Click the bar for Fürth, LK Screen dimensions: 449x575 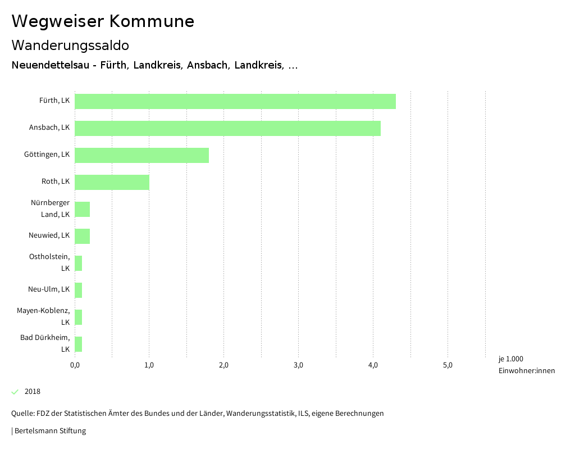tap(235, 101)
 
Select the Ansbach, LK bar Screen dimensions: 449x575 tap(227, 128)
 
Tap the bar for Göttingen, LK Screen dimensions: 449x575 tap(142, 155)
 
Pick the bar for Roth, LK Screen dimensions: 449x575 tap(112, 182)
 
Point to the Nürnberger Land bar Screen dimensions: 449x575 tap(82, 209)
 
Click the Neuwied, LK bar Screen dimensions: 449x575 tap(82, 236)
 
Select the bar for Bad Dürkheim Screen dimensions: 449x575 tap(78, 344)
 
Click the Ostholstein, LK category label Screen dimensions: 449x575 tap(49, 262)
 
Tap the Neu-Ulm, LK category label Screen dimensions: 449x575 tap(49, 289)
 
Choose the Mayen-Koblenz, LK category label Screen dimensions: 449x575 tap(43, 316)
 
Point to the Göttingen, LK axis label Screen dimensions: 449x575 tap(47, 155)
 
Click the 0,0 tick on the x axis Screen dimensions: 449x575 tap(75, 365)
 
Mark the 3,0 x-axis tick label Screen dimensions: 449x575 tap(298, 365)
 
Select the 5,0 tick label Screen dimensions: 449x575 tap(448, 365)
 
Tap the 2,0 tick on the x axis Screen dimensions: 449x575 tap(223, 365)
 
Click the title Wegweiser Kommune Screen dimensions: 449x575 tap(103, 21)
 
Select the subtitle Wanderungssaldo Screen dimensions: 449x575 tap(70, 45)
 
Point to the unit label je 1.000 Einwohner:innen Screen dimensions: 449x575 tap(526, 365)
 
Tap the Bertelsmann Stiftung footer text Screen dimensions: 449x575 tap(49, 431)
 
